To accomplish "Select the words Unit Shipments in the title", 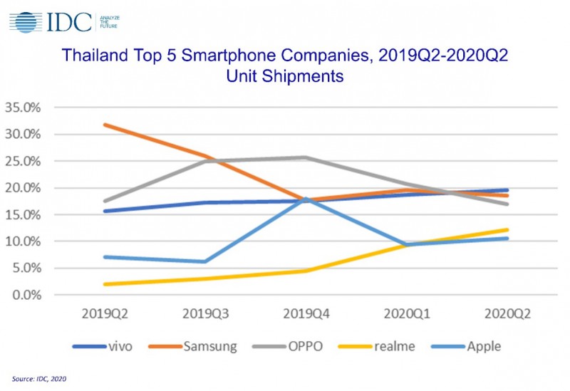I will click(x=284, y=75).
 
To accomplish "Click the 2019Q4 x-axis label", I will click(x=306, y=313).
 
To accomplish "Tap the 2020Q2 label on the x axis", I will click(x=507, y=313).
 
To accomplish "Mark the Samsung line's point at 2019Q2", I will click(x=105, y=125).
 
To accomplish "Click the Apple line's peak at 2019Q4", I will click(x=306, y=199).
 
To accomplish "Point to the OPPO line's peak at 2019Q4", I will click(x=306, y=157).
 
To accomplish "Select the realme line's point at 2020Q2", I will click(x=507, y=229).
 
